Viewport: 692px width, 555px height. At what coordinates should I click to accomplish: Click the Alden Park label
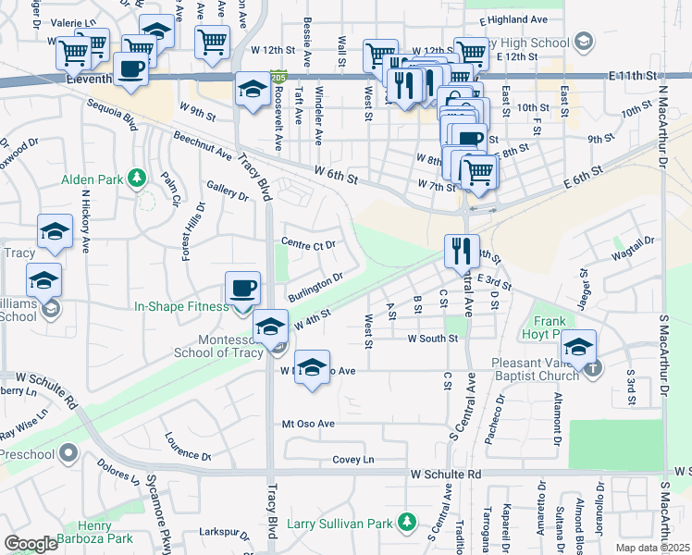coord(93,177)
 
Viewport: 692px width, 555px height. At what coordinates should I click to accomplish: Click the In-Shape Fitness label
coord(181,306)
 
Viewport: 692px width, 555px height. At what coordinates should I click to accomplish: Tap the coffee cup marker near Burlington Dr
coord(243,288)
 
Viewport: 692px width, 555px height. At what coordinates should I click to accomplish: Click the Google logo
coord(31,543)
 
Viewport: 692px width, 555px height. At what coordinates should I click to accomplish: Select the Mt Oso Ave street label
coord(308,424)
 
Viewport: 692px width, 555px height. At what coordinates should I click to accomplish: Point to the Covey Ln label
coord(353,460)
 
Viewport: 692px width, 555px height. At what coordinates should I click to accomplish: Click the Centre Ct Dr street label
coord(308,244)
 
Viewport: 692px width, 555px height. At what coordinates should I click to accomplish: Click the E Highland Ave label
coord(520,18)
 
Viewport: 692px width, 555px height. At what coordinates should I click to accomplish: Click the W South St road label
coord(433,339)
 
